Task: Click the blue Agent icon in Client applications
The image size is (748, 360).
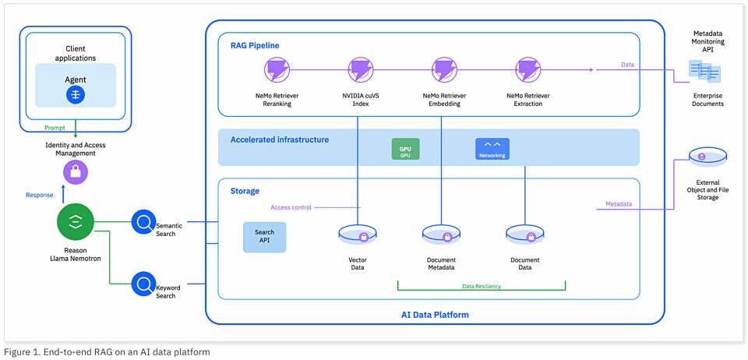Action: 76,95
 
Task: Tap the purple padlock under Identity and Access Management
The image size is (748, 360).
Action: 76,172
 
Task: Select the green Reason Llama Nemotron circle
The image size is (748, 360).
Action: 76,222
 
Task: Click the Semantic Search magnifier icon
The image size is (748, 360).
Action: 143,222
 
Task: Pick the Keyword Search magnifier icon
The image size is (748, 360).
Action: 143,284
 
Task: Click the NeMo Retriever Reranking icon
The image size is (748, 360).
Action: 277,70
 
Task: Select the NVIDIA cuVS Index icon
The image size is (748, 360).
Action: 361,70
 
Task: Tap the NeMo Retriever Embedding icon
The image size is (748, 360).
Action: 444,70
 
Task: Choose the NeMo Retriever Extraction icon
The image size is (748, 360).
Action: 528,70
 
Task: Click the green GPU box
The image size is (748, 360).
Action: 405,149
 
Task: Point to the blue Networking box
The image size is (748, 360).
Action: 492,149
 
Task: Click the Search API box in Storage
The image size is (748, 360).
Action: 264,237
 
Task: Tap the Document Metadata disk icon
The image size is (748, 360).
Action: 442,235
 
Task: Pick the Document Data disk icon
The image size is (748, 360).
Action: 525,235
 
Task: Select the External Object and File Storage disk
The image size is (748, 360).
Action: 707,158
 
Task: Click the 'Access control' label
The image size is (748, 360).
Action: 291,207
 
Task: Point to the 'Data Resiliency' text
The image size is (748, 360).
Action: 482,286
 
